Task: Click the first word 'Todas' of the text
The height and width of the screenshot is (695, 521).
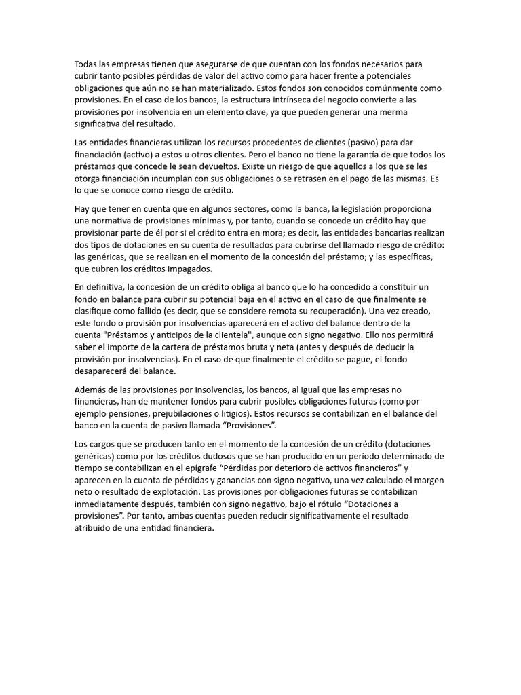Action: point(87,64)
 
